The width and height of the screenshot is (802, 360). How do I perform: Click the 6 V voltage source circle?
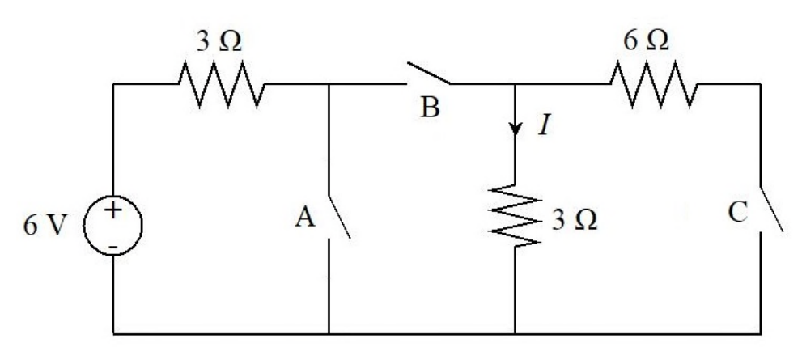pos(85,226)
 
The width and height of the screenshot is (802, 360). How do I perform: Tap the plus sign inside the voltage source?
pos(113,210)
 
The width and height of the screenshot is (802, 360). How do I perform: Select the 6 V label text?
pos(45,226)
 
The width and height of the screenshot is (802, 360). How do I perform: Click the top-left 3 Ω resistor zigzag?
pos(222,84)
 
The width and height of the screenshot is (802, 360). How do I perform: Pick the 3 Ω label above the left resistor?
pos(219,41)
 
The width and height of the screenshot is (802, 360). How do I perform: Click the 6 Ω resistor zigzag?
pos(654,84)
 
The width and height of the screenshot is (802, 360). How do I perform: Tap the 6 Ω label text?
pos(646,40)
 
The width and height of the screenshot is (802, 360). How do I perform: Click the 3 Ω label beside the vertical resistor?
pos(574,220)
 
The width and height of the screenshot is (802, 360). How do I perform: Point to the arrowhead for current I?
pos(515,129)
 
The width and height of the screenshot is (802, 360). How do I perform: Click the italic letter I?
pos(544,125)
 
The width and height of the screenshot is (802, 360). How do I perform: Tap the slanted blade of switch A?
pos(338,217)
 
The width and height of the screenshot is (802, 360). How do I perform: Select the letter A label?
pos(305,218)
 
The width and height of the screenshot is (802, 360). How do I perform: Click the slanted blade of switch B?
pos(429,74)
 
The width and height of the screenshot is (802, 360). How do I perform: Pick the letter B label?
pos(430,108)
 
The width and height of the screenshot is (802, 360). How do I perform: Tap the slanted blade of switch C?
pos(771,210)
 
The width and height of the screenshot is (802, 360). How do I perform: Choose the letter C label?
pos(738,213)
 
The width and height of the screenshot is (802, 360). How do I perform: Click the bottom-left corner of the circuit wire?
pos(113,334)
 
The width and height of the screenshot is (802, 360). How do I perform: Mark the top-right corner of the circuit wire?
pos(760,84)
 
